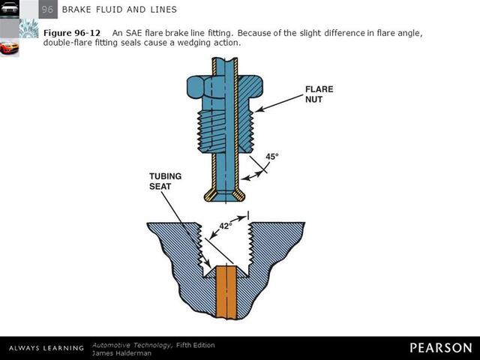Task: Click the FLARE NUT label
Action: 319,94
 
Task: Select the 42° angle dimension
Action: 226,224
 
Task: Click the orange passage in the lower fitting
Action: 226,292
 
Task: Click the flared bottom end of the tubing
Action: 226,193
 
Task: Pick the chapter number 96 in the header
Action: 46,9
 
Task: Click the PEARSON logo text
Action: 440,347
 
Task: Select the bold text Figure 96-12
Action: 71,33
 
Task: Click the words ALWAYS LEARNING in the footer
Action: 46,348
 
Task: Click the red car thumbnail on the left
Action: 9,48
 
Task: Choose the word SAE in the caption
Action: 134,33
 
